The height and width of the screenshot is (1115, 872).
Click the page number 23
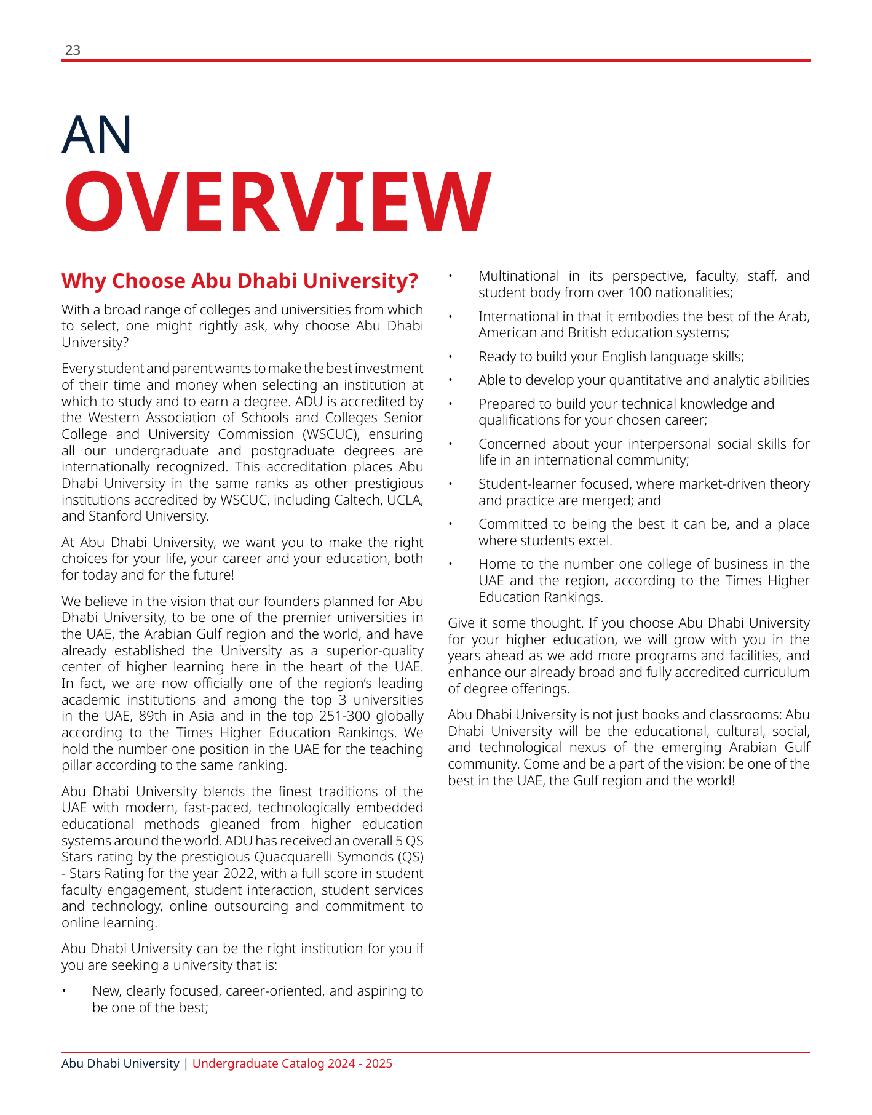click(73, 50)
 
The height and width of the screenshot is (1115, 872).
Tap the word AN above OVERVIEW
click(97, 134)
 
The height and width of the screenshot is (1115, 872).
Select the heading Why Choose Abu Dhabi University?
click(240, 281)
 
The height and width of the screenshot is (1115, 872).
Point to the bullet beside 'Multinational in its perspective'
click(450, 276)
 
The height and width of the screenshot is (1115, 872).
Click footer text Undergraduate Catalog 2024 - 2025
click(292, 1063)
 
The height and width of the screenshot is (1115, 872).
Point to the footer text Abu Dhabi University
click(121, 1063)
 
